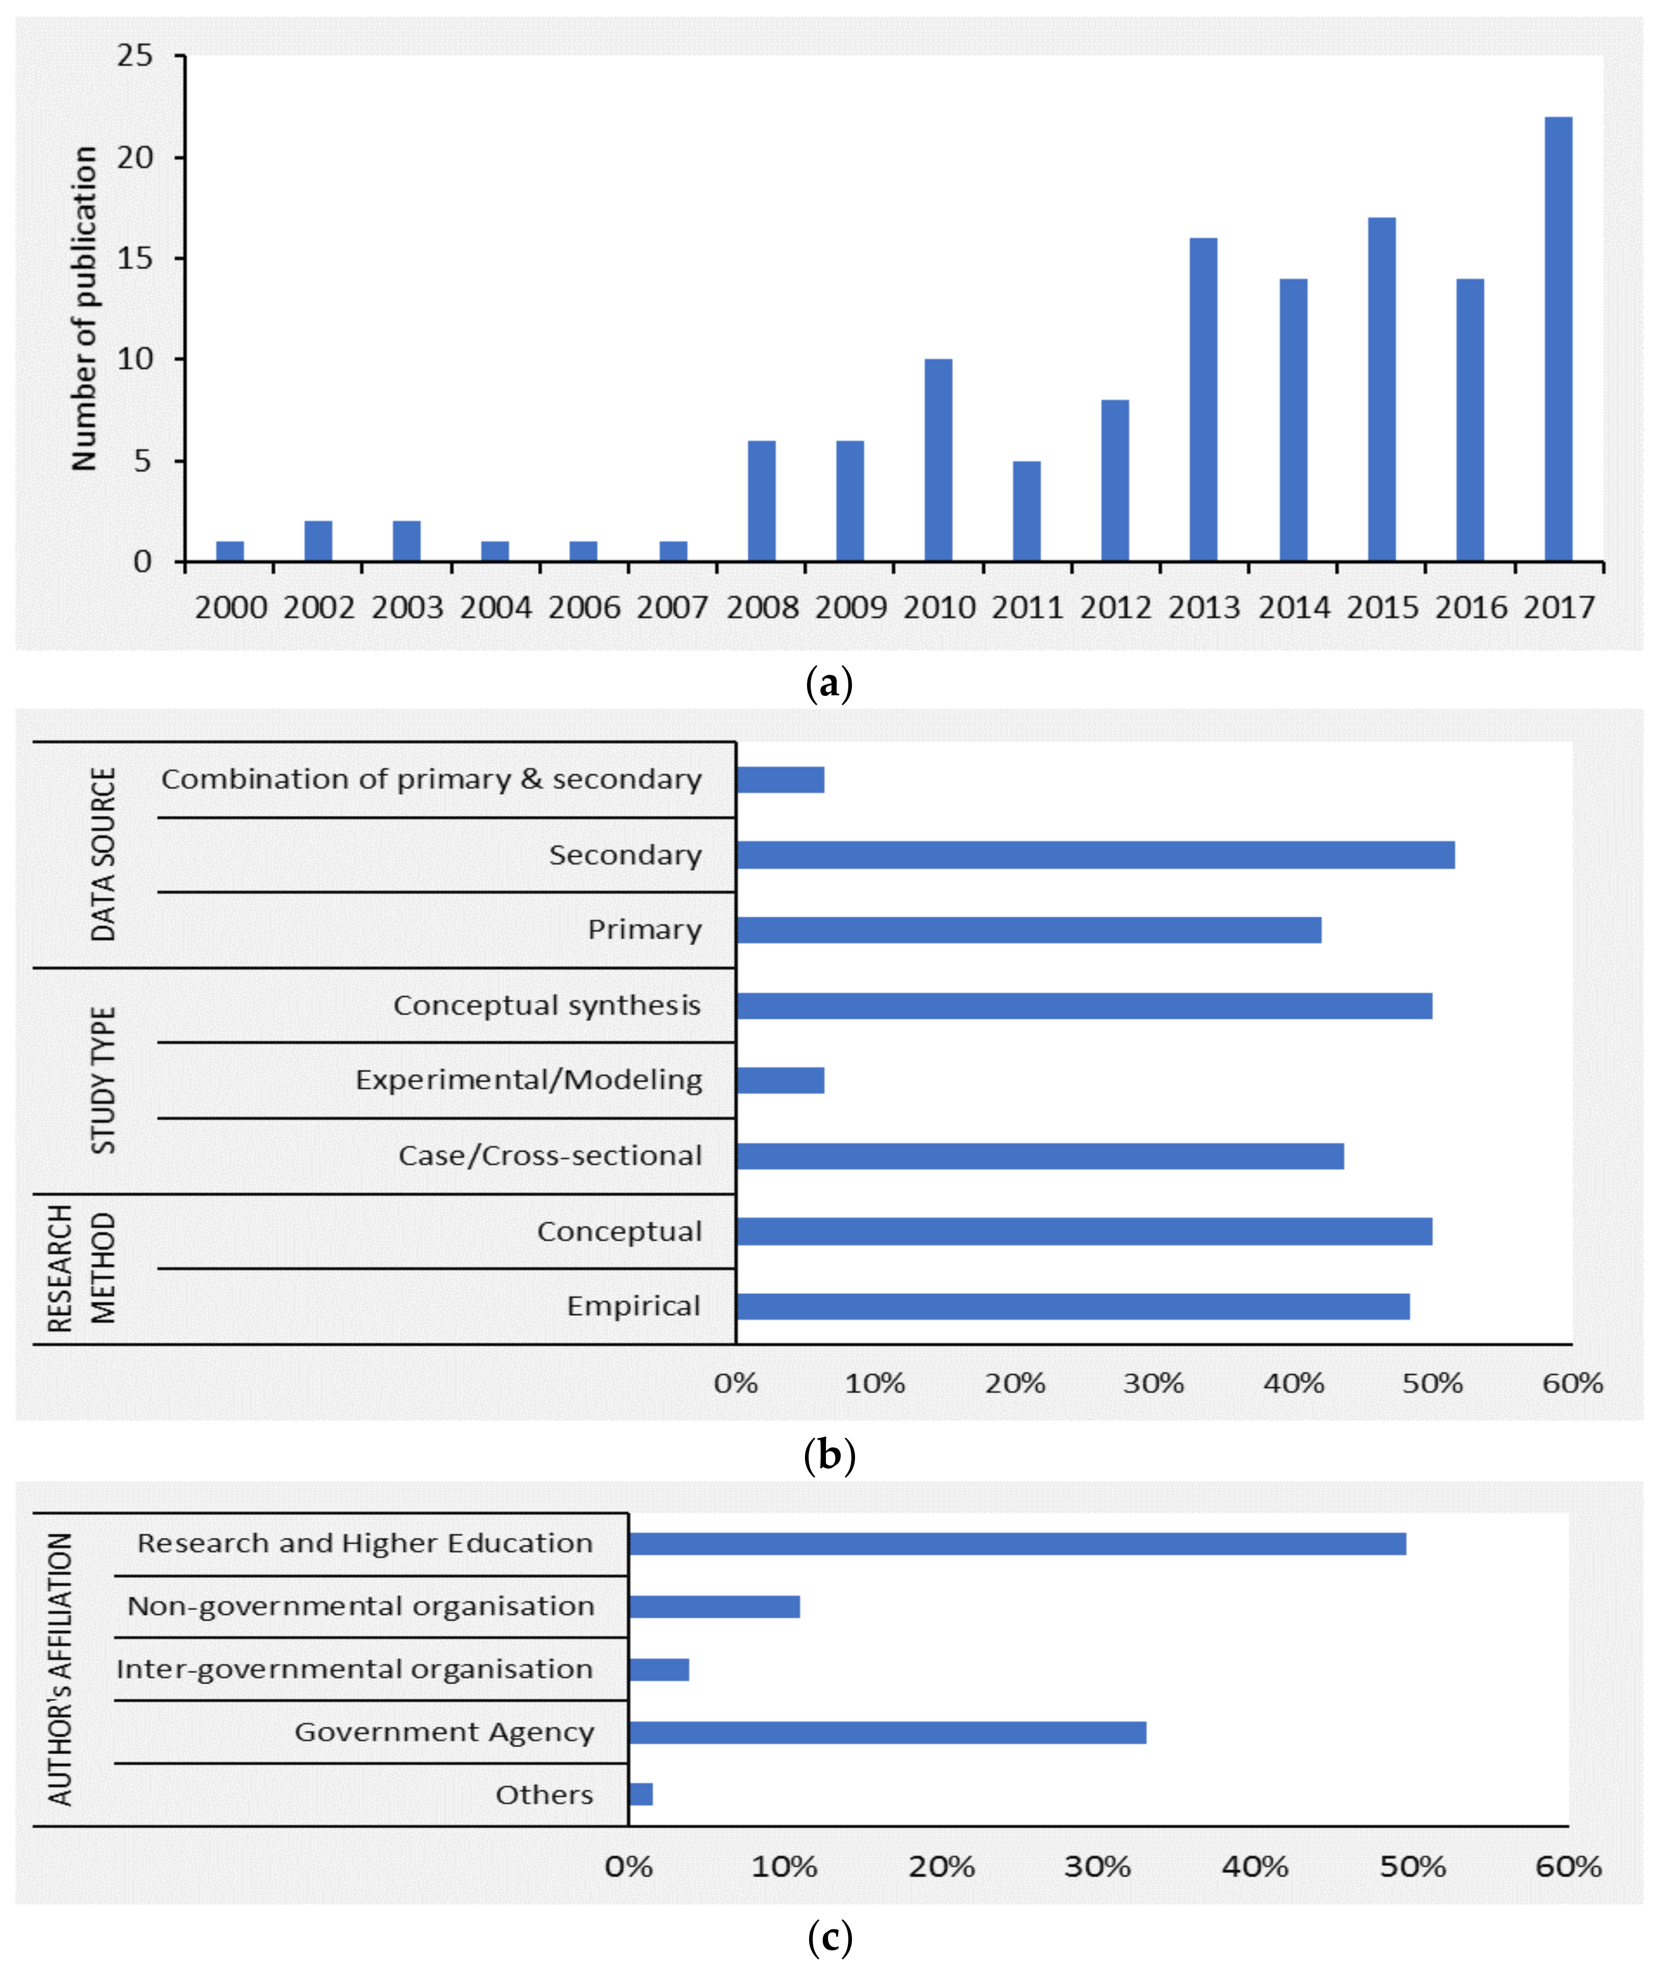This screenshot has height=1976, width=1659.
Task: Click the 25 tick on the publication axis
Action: [x=134, y=56]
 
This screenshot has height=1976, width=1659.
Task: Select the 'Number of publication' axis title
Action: [x=85, y=309]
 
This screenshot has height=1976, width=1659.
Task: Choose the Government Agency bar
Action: [x=887, y=1732]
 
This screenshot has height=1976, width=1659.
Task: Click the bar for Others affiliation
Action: [x=641, y=1795]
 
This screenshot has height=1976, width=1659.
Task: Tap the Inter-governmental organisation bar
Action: [x=659, y=1669]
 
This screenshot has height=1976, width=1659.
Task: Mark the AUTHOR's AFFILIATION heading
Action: [x=60, y=1669]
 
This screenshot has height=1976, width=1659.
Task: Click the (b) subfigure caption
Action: [x=829, y=1455]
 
